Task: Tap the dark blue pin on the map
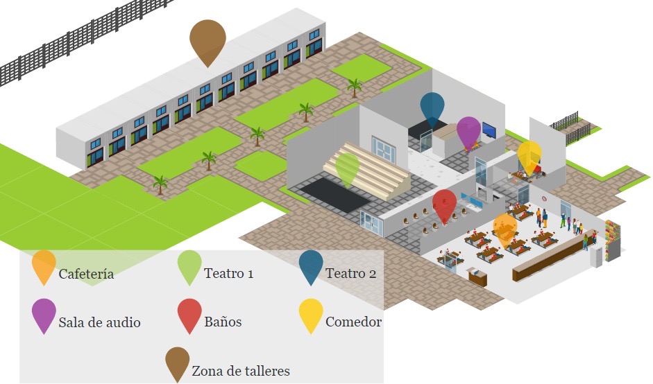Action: tap(432, 107)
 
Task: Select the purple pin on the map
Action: tap(468, 130)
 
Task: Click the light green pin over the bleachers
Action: tap(347, 168)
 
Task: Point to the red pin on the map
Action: tap(444, 204)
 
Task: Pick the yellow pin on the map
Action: tap(529, 155)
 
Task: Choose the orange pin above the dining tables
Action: tap(504, 228)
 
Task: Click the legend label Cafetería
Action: tap(86, 274)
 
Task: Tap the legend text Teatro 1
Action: tap(228, 273)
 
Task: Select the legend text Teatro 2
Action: tap(350, 273)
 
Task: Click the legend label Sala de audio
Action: tap(100, 322)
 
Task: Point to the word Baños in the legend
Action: tap(223, 322)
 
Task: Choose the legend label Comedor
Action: tap(353, 322)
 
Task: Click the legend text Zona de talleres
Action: tap(241, 371)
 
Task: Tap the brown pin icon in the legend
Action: tap(177, 362)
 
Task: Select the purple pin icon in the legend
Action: tap(44, 313)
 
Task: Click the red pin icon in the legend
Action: tap(189, 313)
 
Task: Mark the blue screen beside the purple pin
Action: tap(489, 130)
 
